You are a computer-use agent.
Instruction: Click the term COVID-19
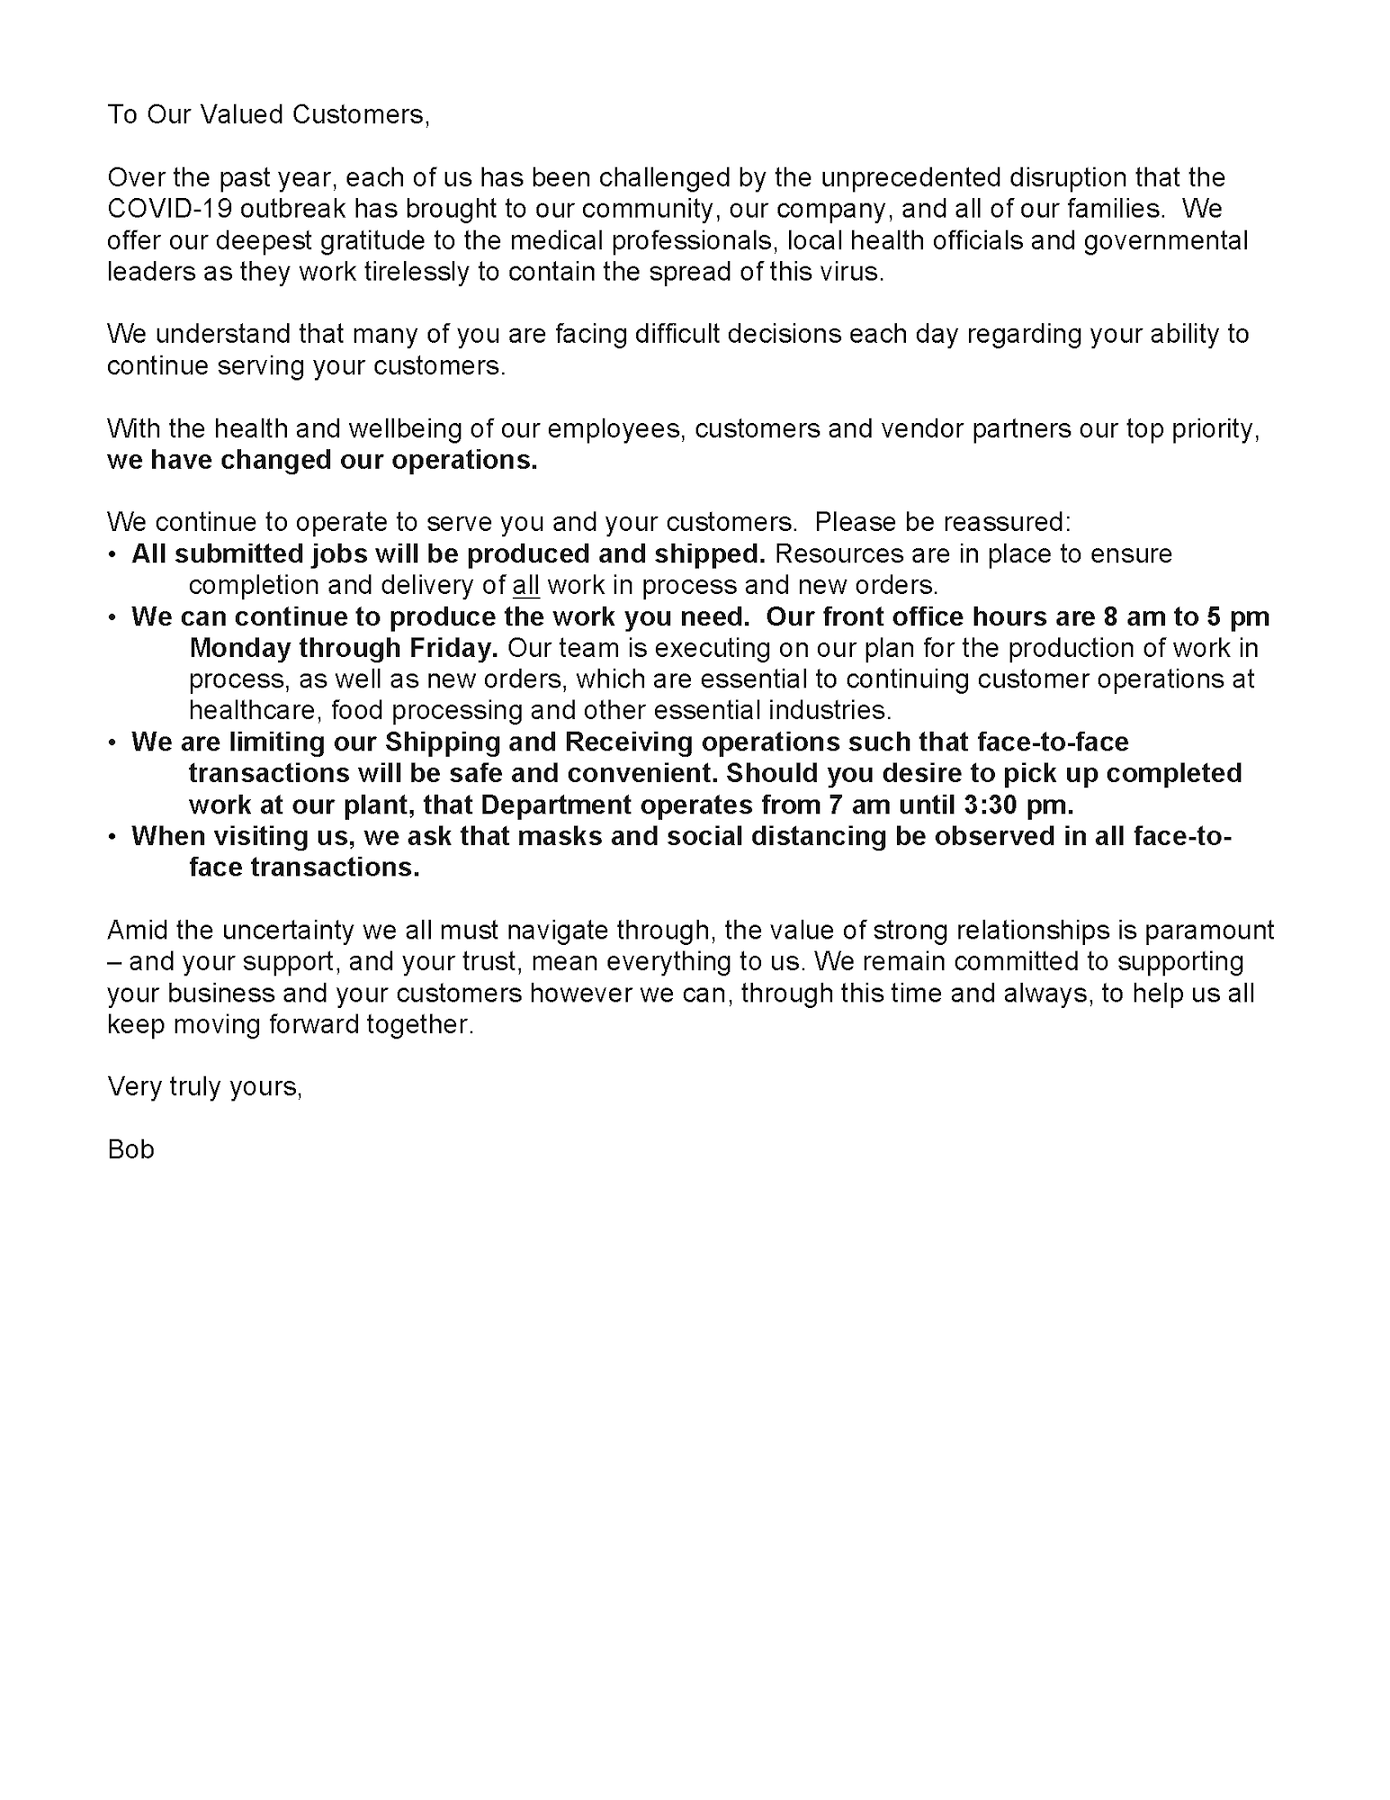173,209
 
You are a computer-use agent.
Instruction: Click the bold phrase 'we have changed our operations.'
322,460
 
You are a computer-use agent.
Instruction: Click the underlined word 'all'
525,585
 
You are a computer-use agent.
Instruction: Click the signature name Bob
131,1149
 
